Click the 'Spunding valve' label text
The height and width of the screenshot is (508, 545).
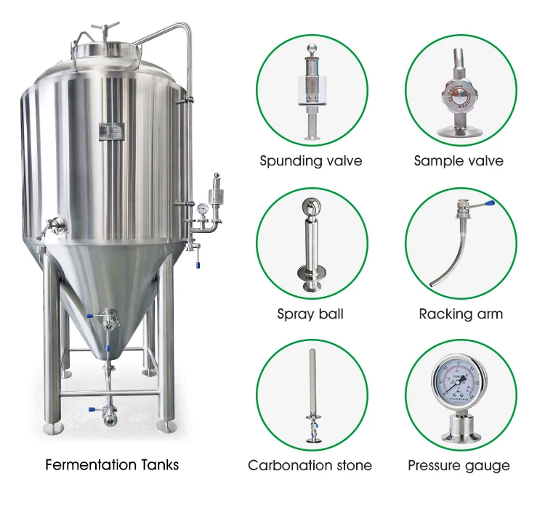310,160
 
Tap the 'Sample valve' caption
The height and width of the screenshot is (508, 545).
458,160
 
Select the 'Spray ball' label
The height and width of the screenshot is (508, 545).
310,314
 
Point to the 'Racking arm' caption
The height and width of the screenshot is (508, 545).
461,314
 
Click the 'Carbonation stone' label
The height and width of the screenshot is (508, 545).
310,465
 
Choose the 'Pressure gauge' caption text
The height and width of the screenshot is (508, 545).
459,465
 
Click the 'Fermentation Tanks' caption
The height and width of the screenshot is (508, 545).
112,464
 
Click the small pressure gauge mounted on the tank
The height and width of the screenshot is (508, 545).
201,208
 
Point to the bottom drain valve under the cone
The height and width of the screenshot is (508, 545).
108,411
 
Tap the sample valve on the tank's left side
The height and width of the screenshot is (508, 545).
50,226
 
